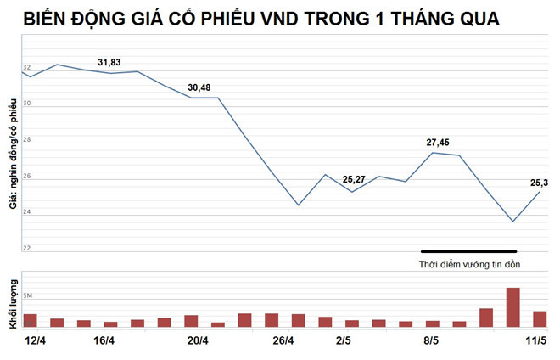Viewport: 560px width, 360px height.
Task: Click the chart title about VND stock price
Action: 261,19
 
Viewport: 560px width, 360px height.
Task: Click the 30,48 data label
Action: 200,87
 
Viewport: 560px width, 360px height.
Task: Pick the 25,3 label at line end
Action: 539,183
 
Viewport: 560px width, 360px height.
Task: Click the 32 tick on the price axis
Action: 27,68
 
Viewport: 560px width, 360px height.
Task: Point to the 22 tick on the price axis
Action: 27,248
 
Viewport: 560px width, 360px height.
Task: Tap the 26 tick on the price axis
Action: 27,176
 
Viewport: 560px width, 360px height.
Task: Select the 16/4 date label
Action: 104,341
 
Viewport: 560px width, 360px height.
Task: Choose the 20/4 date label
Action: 198,341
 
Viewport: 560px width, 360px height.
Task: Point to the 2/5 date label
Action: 344,341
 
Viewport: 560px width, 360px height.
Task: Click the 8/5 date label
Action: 431,341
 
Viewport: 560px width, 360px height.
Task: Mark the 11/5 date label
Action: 535,341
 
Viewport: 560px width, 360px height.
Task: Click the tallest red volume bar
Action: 513,307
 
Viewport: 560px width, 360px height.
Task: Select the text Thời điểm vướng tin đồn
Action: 469,265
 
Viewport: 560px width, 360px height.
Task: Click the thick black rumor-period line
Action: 469,251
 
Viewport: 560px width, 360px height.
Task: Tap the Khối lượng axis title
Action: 12,303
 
